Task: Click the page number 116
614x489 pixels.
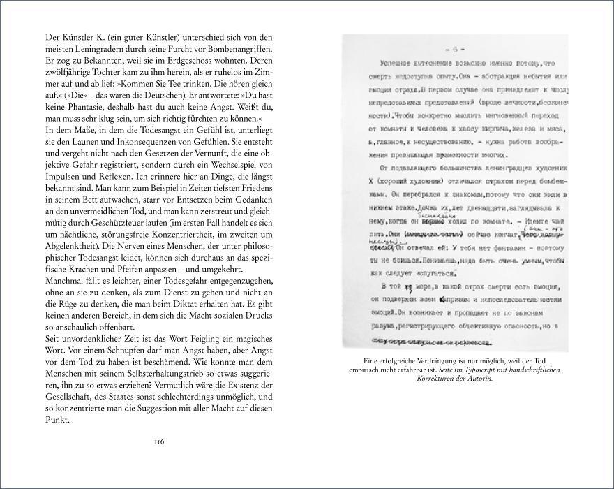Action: point(158,441)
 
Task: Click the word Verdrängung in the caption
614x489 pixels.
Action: point(430,360)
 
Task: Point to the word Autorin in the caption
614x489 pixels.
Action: point(476,378)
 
